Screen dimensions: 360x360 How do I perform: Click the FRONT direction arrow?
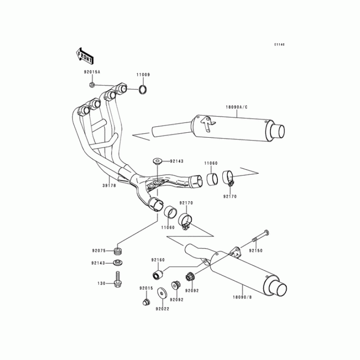[85, 55]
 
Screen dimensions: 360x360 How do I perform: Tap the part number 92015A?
[92, 72]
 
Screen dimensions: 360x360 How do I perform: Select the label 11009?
[144, 75]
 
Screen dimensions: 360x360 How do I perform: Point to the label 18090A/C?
[237, 107]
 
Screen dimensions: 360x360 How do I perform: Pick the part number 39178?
[109, 185]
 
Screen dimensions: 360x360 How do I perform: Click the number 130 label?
[101, 283]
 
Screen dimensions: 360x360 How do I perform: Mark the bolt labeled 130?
[119, 279]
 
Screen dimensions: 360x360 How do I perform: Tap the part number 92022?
[162, 309]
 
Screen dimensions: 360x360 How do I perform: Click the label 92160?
[158, 260]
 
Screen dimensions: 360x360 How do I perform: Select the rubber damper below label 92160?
[157, 273]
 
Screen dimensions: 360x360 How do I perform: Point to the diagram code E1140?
[280, 45]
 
